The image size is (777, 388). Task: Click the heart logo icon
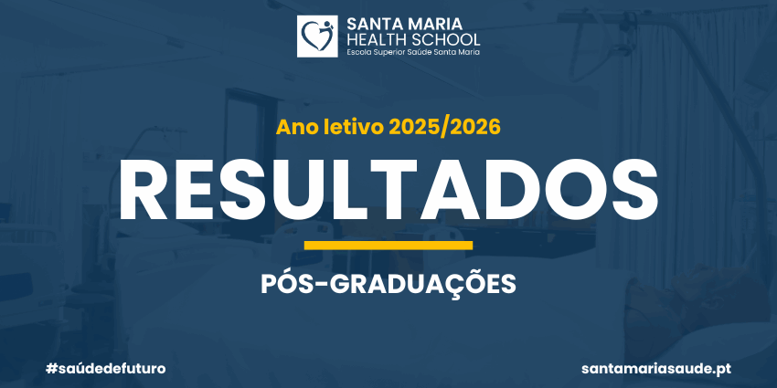tap(317, 37)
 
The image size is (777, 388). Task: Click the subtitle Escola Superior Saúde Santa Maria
tap(413, 51)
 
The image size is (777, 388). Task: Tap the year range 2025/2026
tap(444, 128)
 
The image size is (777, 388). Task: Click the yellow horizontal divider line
tap(388, 246)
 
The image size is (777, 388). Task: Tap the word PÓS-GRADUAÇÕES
tap(388, 284)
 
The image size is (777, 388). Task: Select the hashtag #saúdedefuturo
tap(105, 369)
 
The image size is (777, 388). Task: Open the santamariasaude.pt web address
tap(656, 369)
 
